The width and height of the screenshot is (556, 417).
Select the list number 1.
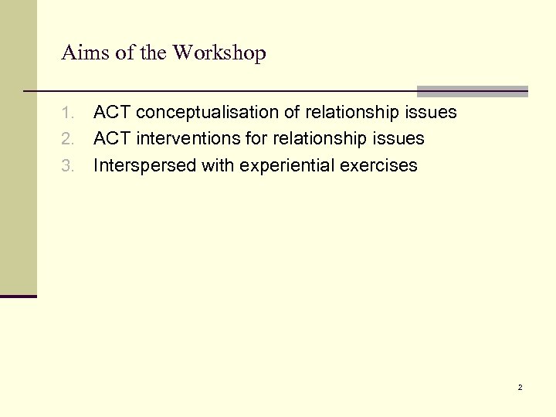[67, 113]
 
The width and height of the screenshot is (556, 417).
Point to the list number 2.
[67, 139]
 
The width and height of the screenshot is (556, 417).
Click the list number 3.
[67, 165]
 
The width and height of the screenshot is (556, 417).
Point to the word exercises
[381, 165]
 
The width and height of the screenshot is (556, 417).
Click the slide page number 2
[520, 387]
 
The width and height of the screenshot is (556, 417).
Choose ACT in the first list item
[111, 113]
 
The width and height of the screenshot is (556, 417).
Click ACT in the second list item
[111, 139]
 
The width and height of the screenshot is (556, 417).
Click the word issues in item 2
[401, 139]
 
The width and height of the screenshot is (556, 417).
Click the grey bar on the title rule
[472, 90]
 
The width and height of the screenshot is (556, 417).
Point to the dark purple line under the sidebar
[19, 296]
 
